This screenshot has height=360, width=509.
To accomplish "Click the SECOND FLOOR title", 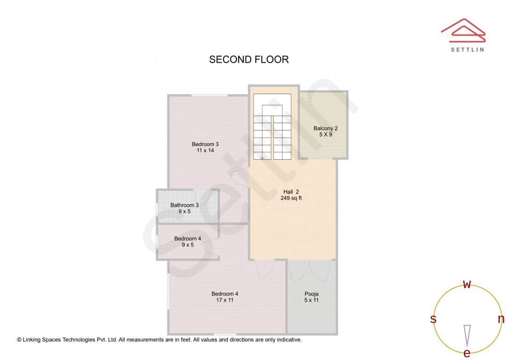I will tap(249, 59).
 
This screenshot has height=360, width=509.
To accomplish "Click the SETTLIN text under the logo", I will tap(467, 49).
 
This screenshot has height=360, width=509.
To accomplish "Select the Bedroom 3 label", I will tap(205, 144).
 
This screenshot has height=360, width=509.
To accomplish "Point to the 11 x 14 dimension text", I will tap(205, 151).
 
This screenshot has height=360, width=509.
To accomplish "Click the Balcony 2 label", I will tap(325, 128).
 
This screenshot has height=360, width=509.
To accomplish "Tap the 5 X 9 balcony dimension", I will tap(325, 135).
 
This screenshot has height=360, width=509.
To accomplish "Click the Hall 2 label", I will tap(291, 192).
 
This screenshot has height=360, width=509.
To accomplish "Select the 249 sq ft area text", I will tap(291, 198).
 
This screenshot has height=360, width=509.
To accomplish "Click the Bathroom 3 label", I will tap(184, 205).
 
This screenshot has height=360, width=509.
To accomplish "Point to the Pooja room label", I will tap(312, 294).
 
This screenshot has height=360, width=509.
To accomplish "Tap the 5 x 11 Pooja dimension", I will tap(312, 300).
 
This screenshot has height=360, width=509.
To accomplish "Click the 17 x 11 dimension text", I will tap(224, 300).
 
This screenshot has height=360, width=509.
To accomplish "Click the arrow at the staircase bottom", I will tap(262, 157).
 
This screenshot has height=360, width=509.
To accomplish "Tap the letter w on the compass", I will tap(467, 284).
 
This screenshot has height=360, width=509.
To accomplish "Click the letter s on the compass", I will tap(433, 319).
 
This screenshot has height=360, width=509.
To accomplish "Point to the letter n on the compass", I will tap(501, 319).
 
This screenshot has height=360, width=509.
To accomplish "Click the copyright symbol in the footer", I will tap(19, 340).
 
